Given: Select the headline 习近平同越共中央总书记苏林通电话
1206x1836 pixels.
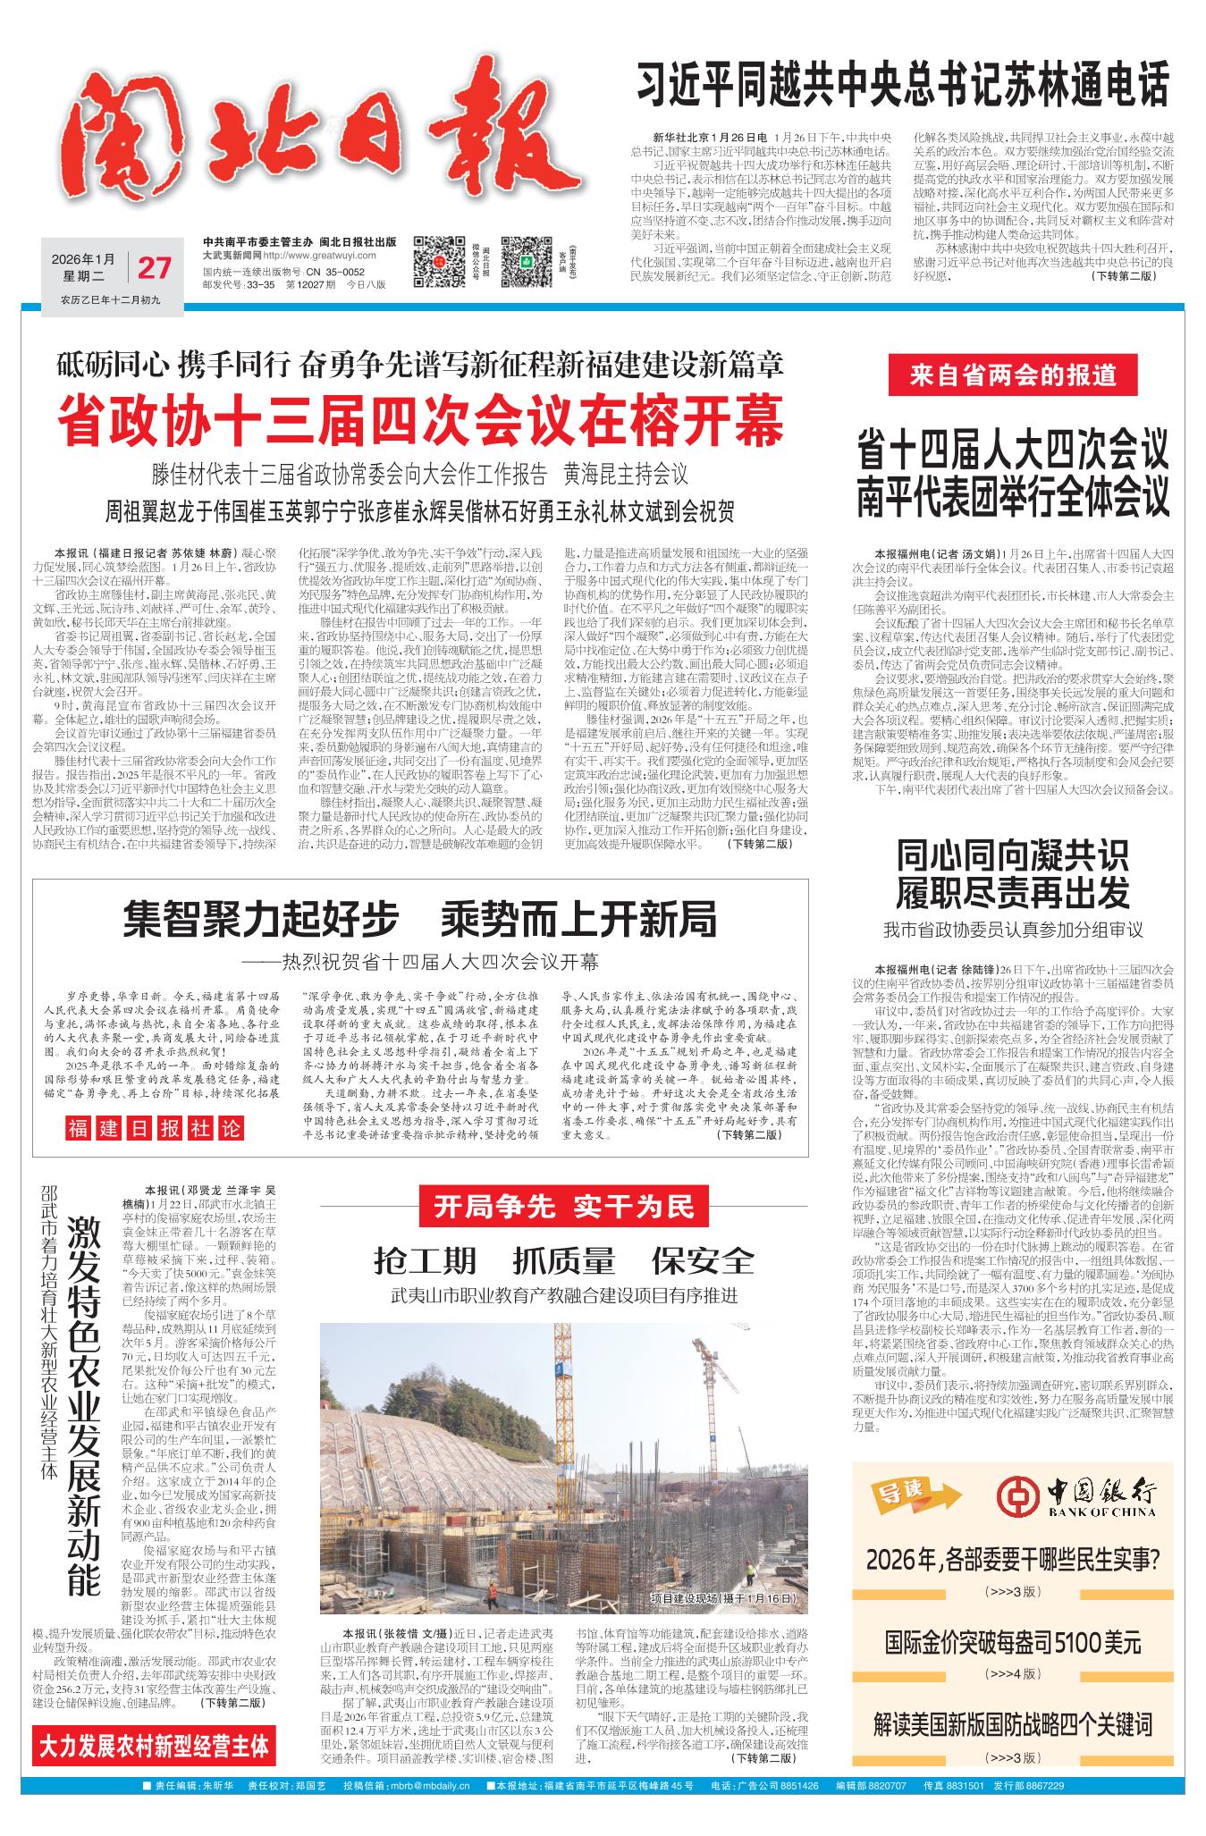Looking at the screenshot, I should [902, 87].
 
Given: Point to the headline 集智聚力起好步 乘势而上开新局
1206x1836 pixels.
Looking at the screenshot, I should [420, 918].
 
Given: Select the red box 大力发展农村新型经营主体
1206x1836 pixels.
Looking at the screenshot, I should [155, 1746].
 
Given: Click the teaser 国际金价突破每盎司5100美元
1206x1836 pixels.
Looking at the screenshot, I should [1013, 1641].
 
